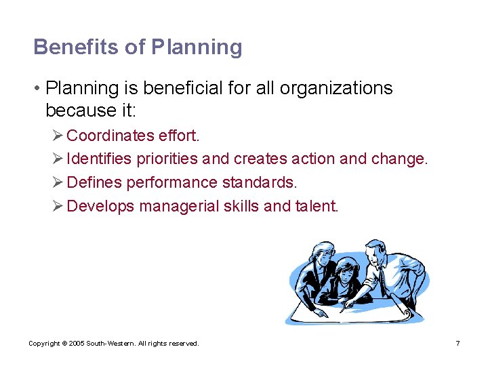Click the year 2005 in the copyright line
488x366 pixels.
77,344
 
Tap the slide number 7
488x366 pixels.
458,344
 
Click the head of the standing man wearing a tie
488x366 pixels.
377,253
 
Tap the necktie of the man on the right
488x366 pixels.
382,278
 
